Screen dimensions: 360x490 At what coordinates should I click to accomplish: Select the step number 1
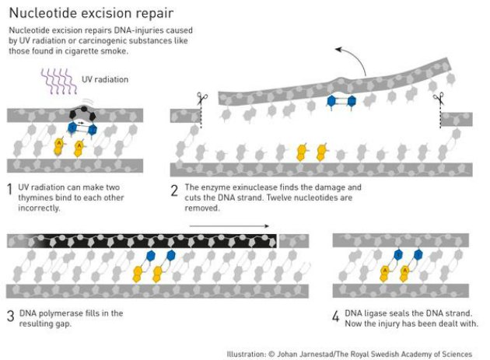(9, 188)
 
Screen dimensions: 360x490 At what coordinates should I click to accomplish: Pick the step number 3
(9, 315)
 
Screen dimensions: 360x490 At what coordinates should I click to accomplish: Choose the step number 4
(336, 315)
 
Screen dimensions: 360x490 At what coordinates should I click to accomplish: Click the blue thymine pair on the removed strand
(341, 101)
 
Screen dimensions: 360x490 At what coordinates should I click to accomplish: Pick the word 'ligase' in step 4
(380, 313)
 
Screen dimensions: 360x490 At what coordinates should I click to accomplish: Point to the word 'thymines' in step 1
(32, 198)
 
